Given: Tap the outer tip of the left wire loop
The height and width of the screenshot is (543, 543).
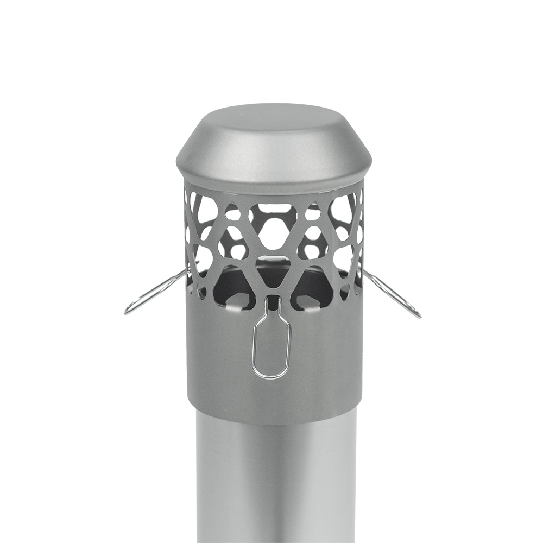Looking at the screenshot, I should click(x=127, y=311).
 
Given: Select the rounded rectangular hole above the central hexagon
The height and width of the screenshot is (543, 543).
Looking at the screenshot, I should click(x=274, y=208).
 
